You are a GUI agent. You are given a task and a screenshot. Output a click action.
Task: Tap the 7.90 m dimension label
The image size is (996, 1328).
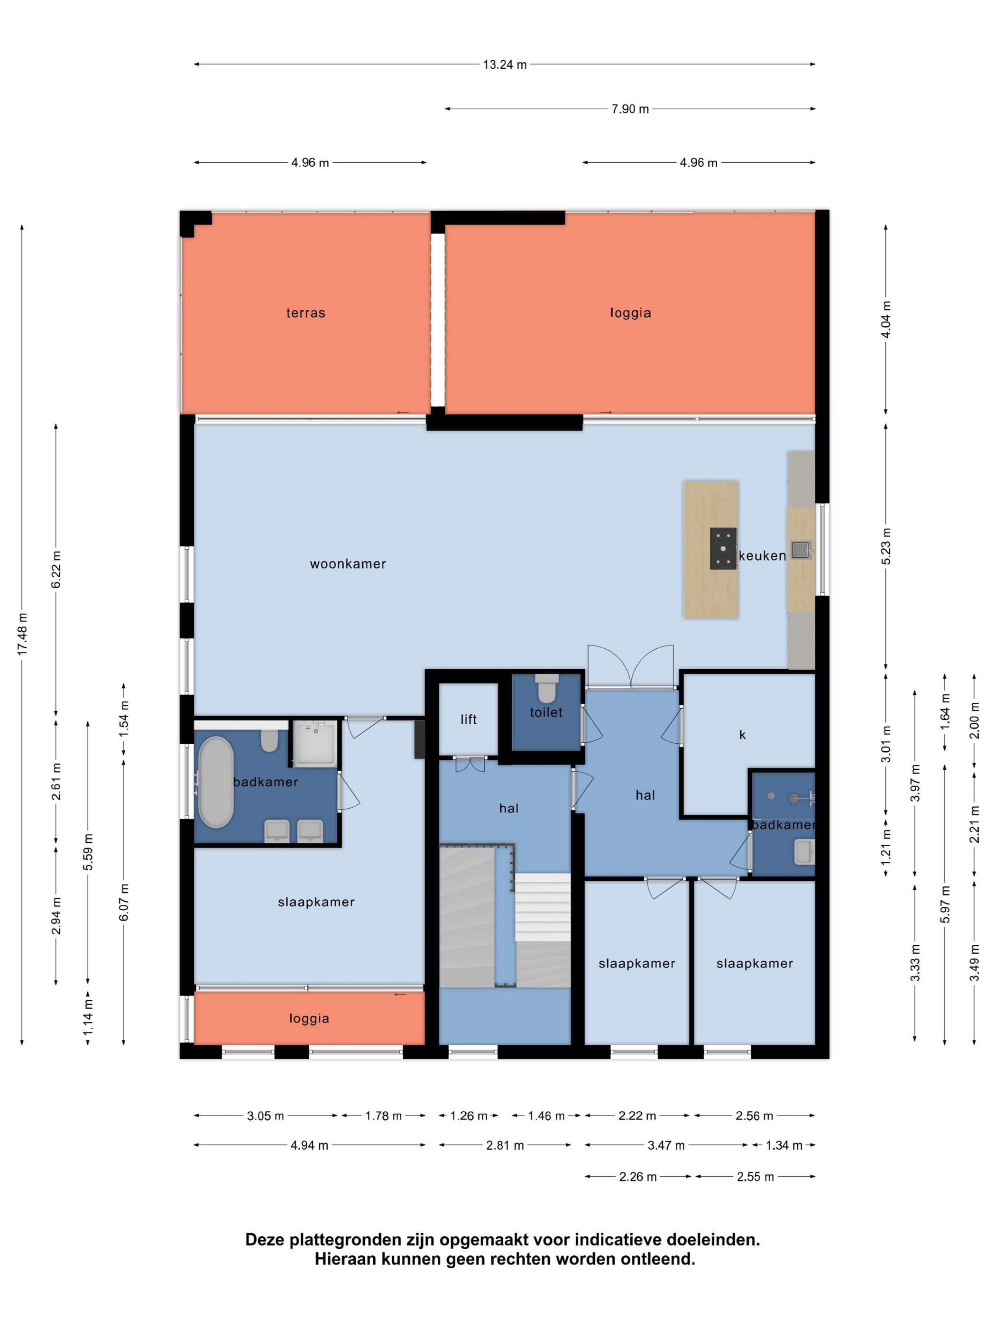(630, 109)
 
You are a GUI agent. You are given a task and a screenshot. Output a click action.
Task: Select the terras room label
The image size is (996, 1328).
(305, 313)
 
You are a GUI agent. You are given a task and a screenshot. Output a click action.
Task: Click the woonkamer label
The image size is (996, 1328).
(348, 564)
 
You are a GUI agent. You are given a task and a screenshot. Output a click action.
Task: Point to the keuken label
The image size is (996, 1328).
(762, 556)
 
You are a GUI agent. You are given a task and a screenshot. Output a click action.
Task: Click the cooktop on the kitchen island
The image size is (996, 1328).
(723, 548)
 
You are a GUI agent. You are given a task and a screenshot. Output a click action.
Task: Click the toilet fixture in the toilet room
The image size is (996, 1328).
(546, 688)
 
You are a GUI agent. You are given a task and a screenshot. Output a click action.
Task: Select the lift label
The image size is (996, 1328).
(468, 719)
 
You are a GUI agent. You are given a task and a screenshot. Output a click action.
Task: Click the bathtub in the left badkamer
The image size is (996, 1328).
(215, 782)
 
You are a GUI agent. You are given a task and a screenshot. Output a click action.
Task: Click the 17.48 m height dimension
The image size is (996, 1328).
(22, 634)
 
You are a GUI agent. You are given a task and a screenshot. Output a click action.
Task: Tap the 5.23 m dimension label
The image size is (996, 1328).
(885, 546)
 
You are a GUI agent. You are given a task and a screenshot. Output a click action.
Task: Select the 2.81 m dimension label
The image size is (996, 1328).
(505, 1145)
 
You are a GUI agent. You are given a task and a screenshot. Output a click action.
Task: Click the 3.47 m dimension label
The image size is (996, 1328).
(666, 1145)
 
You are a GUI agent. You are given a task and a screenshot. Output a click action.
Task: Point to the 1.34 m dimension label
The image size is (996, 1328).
(784, 1145)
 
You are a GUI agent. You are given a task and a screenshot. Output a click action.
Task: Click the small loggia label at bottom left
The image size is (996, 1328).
(309, 1018)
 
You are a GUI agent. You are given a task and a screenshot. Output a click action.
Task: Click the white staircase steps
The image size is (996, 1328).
(543, 907)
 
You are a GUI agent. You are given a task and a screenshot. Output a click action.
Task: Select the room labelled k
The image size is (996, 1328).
(742, 735)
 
